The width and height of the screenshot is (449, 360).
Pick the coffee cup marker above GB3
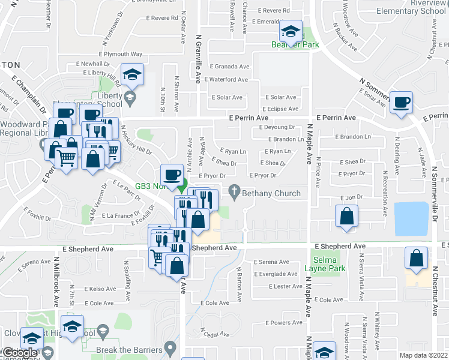point(173,174)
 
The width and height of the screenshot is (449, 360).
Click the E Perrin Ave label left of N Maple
point(252,118)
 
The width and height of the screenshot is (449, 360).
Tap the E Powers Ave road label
point(285,323)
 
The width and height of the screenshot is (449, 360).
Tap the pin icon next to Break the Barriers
point(170,347)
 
